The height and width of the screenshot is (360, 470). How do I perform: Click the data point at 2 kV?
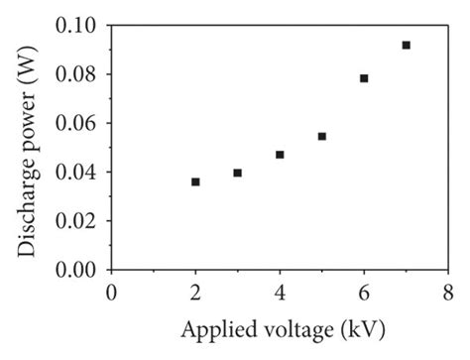point(195,181)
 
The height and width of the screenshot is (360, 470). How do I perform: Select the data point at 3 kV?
point(238,173)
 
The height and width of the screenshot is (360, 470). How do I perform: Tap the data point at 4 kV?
point(280,155)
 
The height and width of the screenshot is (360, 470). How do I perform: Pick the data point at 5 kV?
point(322,136)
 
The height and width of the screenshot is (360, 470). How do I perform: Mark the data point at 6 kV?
point(364,78)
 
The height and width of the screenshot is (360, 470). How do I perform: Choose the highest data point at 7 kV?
point(406,45)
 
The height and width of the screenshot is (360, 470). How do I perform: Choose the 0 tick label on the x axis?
point(112,292)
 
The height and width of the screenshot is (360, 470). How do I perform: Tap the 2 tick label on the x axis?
point(196,292)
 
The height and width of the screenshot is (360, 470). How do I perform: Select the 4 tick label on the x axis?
point(280,292)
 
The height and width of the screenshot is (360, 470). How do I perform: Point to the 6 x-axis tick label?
point(364,292)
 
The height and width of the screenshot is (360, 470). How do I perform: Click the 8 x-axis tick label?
point(448,292)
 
